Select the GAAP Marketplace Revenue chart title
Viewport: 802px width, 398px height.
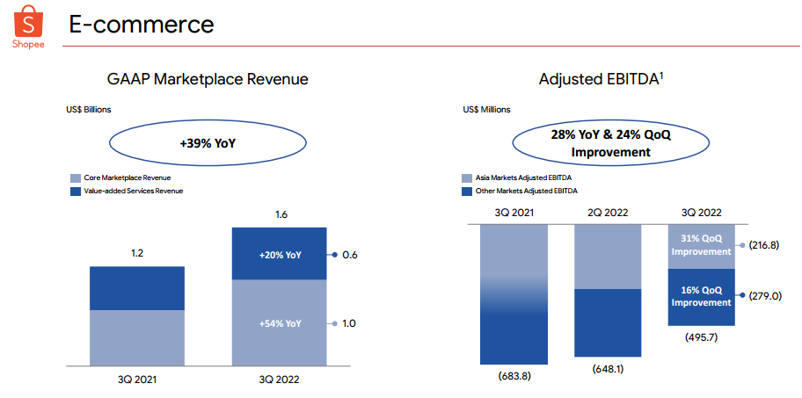click(208, 79)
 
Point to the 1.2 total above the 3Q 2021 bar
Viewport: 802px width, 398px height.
click(136, 253)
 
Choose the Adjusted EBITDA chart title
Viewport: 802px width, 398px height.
click(601, 79)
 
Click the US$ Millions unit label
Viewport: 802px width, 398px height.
click(485, 110)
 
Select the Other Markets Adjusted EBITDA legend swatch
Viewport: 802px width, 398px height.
click(467, 191)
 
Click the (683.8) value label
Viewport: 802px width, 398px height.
click(514, 377)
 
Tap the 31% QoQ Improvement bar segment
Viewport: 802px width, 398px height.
click(701, 245)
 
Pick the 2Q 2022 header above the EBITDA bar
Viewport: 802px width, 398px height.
click(609, 212)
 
